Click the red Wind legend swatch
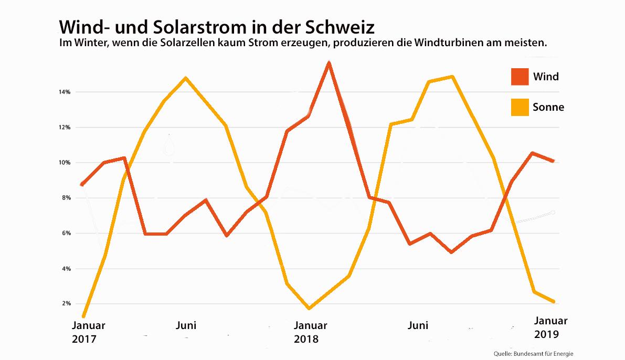519,77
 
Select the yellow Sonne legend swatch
519,107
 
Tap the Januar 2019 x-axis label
550,327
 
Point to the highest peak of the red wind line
329,62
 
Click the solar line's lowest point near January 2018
309,308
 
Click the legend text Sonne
548,107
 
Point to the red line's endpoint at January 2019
553,161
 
